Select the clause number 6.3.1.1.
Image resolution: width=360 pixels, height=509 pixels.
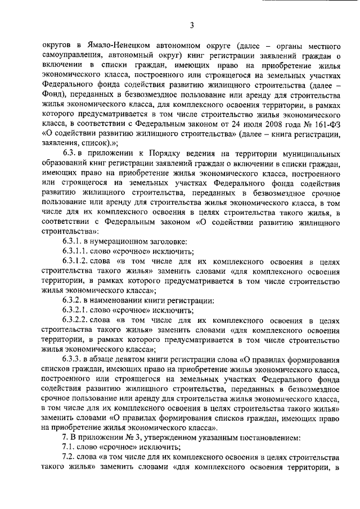pos(78,252)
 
